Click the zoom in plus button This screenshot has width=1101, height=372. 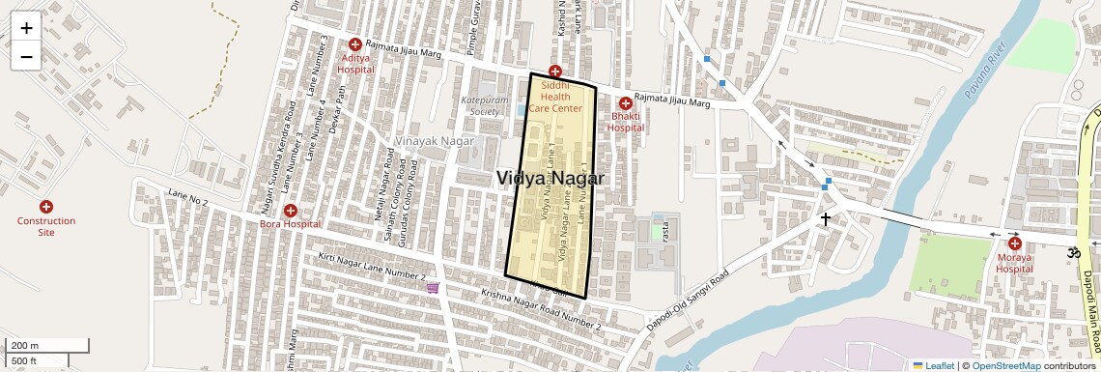[x=26, y=28]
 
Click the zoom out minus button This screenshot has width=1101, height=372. [x=26, y=57]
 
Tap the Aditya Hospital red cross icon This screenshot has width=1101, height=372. [x=355, y=44]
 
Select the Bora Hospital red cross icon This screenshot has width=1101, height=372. [x=290, y=211]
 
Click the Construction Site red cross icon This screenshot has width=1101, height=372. [x=45, y=207]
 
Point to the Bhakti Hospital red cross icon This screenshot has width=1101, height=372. [x=626, y=103]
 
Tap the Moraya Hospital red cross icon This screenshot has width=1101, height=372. [x=1014, y=243]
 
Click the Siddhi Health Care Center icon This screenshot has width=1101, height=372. [x=554, y=72]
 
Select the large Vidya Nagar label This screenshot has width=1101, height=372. [x=550, y=179]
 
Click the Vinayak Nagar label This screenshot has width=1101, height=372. [x=431, y=141]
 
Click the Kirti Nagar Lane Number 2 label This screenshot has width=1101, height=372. [x=372, y=268]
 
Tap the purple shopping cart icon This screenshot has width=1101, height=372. [x=433, y=287]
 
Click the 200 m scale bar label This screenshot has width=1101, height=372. [x=25, y=345]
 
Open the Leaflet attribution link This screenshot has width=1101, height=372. [x=933, y=365]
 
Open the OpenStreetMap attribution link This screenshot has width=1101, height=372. [x=1005, y=365]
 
